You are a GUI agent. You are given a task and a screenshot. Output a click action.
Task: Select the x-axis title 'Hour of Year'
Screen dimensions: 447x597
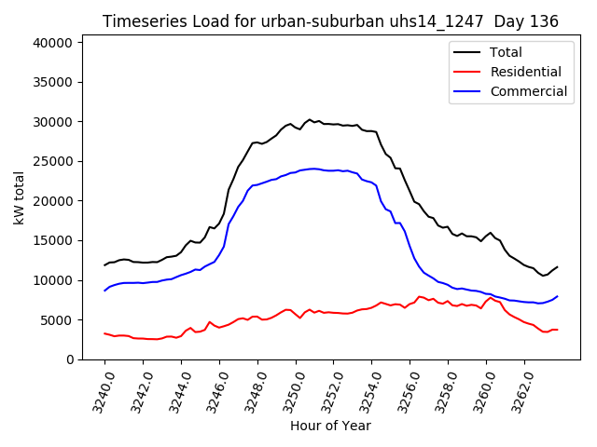point(330,426)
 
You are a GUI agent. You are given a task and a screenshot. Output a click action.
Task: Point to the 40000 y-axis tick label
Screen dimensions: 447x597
point(54,43)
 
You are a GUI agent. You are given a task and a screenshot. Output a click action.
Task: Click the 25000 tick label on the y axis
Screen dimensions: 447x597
point(54,161)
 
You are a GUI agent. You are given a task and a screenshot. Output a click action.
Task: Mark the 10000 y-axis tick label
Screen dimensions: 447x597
point(54,280)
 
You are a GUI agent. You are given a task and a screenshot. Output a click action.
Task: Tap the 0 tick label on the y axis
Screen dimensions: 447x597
point(70,359)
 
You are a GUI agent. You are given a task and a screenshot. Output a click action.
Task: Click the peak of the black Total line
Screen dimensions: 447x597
point(310,119)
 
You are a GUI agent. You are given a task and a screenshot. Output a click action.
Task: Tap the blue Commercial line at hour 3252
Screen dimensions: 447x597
point(334,170)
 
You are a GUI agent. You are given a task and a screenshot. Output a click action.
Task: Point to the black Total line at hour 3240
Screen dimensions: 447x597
point(105,264)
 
